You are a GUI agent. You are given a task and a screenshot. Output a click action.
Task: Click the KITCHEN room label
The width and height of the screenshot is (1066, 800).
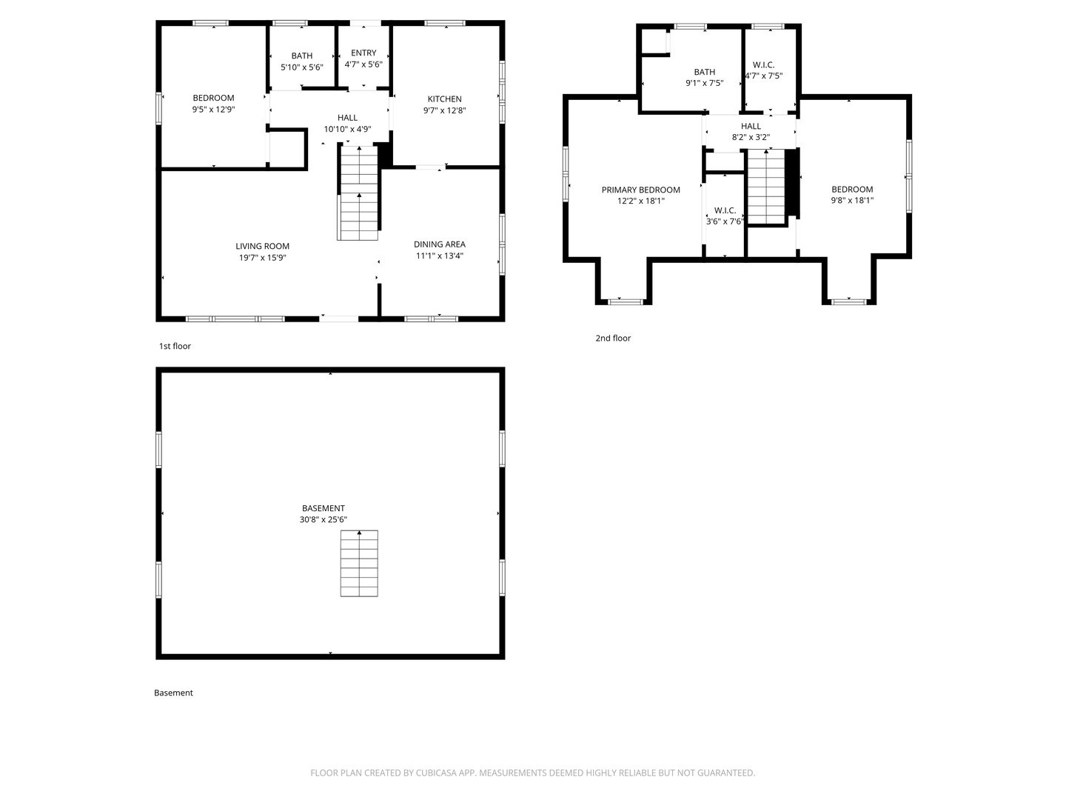click(x=444, y=99)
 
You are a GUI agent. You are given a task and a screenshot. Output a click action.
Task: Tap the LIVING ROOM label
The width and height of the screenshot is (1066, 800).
click(x=262, y=246)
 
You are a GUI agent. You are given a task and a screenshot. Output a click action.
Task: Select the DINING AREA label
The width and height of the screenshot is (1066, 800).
click(x=439, y=244)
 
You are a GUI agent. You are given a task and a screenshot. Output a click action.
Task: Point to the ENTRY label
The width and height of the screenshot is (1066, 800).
click(x=363, y=53)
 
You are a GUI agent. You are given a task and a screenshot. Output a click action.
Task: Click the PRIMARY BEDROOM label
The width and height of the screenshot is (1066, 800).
click(x=640, y=190)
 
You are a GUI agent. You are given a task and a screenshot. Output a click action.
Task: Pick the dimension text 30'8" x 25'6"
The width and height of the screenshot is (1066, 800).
click(x=323, y=520)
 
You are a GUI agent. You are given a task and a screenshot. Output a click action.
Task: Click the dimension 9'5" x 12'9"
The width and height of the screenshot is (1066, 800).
click(x=213, y=110)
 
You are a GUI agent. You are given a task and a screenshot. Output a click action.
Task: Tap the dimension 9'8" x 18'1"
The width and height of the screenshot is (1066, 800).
click(x=852, y=200)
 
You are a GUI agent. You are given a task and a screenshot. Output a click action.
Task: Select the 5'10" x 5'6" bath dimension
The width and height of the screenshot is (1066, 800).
click(x=301, y=67)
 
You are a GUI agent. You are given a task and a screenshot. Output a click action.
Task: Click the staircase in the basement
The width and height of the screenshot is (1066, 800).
click(x=359, y=563)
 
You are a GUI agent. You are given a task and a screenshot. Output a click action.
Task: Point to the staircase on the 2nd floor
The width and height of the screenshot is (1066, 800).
click(x=765, y=185)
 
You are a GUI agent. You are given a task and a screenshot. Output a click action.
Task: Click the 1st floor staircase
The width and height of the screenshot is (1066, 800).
click(x=359, y=193)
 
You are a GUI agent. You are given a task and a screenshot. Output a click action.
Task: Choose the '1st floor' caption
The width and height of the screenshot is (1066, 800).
click(x=175, y=346)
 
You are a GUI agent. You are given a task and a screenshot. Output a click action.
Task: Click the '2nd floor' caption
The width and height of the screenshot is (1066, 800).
click(x=613, y=338)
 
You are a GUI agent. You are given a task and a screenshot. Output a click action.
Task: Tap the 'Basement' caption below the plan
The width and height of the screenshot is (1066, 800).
click(x=173, y=693)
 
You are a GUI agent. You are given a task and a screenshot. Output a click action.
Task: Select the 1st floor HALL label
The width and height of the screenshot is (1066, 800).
click(x=347, y=117)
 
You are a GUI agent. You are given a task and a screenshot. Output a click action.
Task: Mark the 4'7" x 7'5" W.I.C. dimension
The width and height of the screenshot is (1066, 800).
click(x=763, y=76)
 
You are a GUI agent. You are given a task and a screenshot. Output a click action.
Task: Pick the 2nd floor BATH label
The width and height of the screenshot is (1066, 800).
click(x=704, y=72)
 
